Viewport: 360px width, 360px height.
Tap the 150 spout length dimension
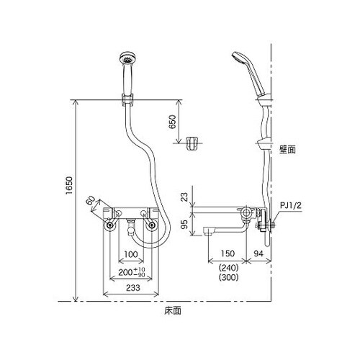pyautogui.click(x=229, y=254)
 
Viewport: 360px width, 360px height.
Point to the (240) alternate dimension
pyautogui.click(x=228, y=266)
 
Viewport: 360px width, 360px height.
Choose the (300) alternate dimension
pyautogui.click(x=228, y=276)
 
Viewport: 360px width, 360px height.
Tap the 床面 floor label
pyautogui.click(x=171, y=312)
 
